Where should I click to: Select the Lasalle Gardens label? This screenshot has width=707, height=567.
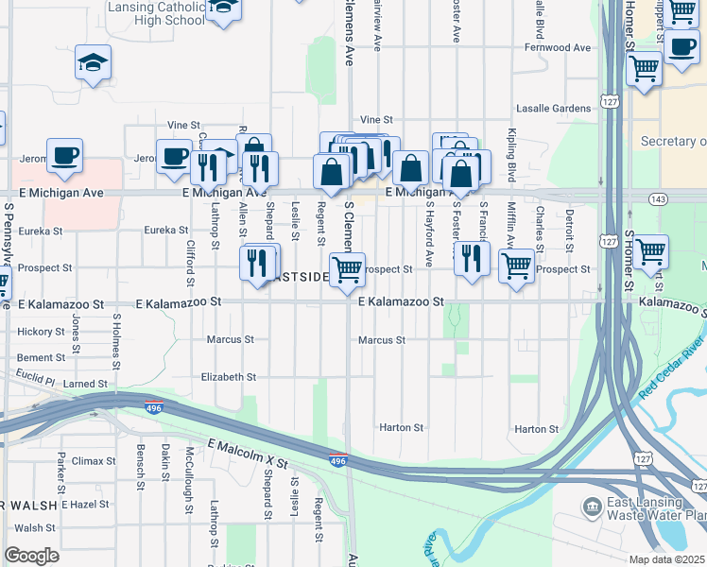coord(553,109)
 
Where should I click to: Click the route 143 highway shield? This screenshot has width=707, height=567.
coord(659,199)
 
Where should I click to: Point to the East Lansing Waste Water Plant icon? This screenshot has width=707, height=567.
coord(593,508)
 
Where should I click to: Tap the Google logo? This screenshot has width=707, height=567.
coord(31,556)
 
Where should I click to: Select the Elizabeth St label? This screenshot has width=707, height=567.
coord(229,377)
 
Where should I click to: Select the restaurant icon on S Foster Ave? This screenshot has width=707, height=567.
coord(472,258)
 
